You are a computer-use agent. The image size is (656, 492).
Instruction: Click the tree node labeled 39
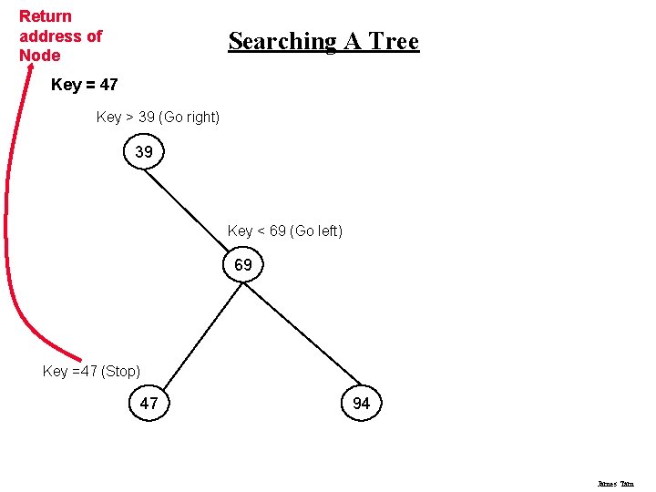point(144,152)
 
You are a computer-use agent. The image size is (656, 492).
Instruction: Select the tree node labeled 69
point(243,266)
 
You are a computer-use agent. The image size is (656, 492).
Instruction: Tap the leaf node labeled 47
point(149,403)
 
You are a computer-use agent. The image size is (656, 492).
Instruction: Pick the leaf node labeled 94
point(361,403)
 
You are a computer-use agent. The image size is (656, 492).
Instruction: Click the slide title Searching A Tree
point(323,41)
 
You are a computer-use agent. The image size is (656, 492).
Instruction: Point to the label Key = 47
point(85,85)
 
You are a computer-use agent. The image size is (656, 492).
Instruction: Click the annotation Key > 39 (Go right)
point(158,118)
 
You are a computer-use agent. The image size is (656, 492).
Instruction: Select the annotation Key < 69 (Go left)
point(284,231)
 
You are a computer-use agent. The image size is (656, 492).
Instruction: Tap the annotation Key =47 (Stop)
point(91,371)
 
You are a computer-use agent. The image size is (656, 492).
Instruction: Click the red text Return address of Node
point(60,36)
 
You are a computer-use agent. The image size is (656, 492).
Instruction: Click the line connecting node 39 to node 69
point(193,209)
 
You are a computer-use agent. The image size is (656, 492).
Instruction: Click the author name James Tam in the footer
point(615,484)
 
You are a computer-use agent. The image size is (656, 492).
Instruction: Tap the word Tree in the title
point(394,41)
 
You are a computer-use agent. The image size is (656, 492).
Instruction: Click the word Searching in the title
point(270,41)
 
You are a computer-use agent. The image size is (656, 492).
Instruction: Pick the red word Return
point(46,16)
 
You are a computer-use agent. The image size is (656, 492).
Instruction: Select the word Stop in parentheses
point(120,371)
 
